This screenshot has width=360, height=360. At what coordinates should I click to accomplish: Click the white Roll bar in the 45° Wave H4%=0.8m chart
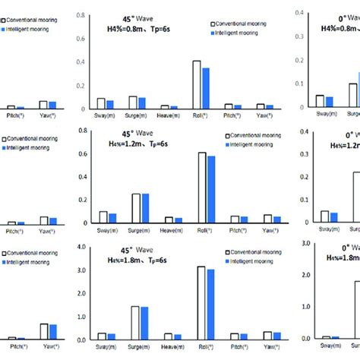(196, 85)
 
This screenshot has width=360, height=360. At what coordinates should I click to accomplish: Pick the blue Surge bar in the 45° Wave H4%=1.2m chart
(144, 207)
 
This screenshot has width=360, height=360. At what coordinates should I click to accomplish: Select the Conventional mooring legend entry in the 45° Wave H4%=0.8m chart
(240, 24)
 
